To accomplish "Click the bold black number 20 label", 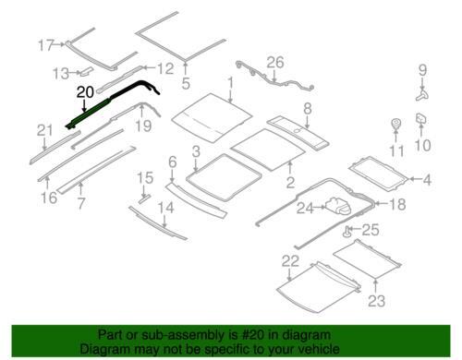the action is (85, 92).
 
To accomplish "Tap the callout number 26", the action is (275, 63).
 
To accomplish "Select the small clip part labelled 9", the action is (422, 94).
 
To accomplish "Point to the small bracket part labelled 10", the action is (421, 119).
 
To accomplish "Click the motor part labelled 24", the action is (338, 206).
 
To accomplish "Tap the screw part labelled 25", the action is (347, 232).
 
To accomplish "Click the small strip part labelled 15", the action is (144, 198).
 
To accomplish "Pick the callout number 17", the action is (46, 45).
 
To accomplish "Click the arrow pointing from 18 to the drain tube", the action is (382, 203).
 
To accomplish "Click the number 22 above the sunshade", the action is (290, 261).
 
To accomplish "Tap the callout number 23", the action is (376, 301).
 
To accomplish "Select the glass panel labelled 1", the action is (213, 117).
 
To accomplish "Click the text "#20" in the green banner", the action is (253, 335).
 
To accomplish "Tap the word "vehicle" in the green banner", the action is (319, 349).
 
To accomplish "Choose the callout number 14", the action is (165, 208).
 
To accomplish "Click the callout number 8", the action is (308, 109).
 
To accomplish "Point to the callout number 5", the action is (186, 83).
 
